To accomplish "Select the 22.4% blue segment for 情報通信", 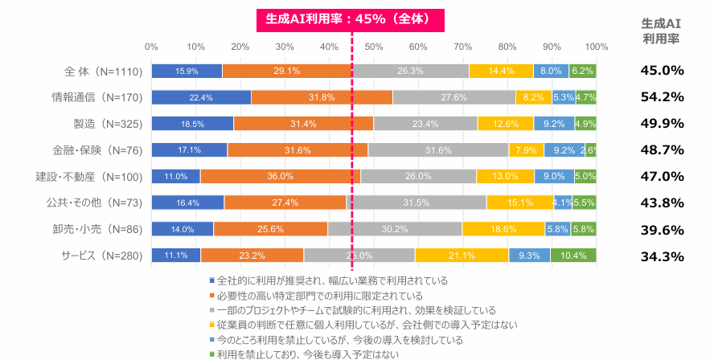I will point(201,97).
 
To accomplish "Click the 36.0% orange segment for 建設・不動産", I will point(280,176).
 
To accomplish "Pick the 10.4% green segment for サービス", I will point(573,256).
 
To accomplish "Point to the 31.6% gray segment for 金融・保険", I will point(437,150).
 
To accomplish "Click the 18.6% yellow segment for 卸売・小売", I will point(503,229).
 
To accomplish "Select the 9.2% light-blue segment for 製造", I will point(554,124).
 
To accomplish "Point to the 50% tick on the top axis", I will point(373,46).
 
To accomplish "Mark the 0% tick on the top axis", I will point(151,46).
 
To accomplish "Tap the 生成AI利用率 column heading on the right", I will point(662,31).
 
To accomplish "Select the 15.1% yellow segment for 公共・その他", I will point(519,202).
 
